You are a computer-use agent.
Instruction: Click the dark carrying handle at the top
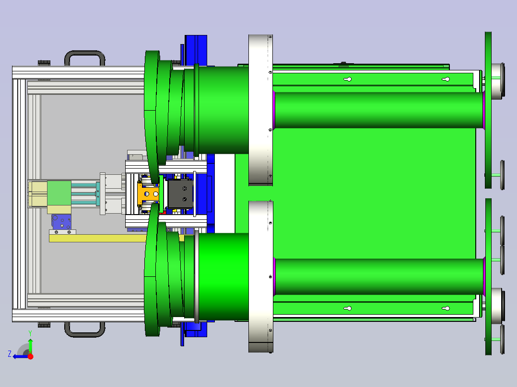pos(85,53)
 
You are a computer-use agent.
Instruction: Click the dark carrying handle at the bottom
pos(85,335)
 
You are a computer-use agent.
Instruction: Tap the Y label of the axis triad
pos(30,333)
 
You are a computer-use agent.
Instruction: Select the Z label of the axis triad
pos(10,354)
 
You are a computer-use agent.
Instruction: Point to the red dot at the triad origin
pos(30,356)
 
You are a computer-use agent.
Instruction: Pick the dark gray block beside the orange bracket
pos(180,194)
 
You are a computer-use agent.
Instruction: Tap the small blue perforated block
pos(61,222)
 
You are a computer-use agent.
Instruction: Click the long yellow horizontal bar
pos(99,238)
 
